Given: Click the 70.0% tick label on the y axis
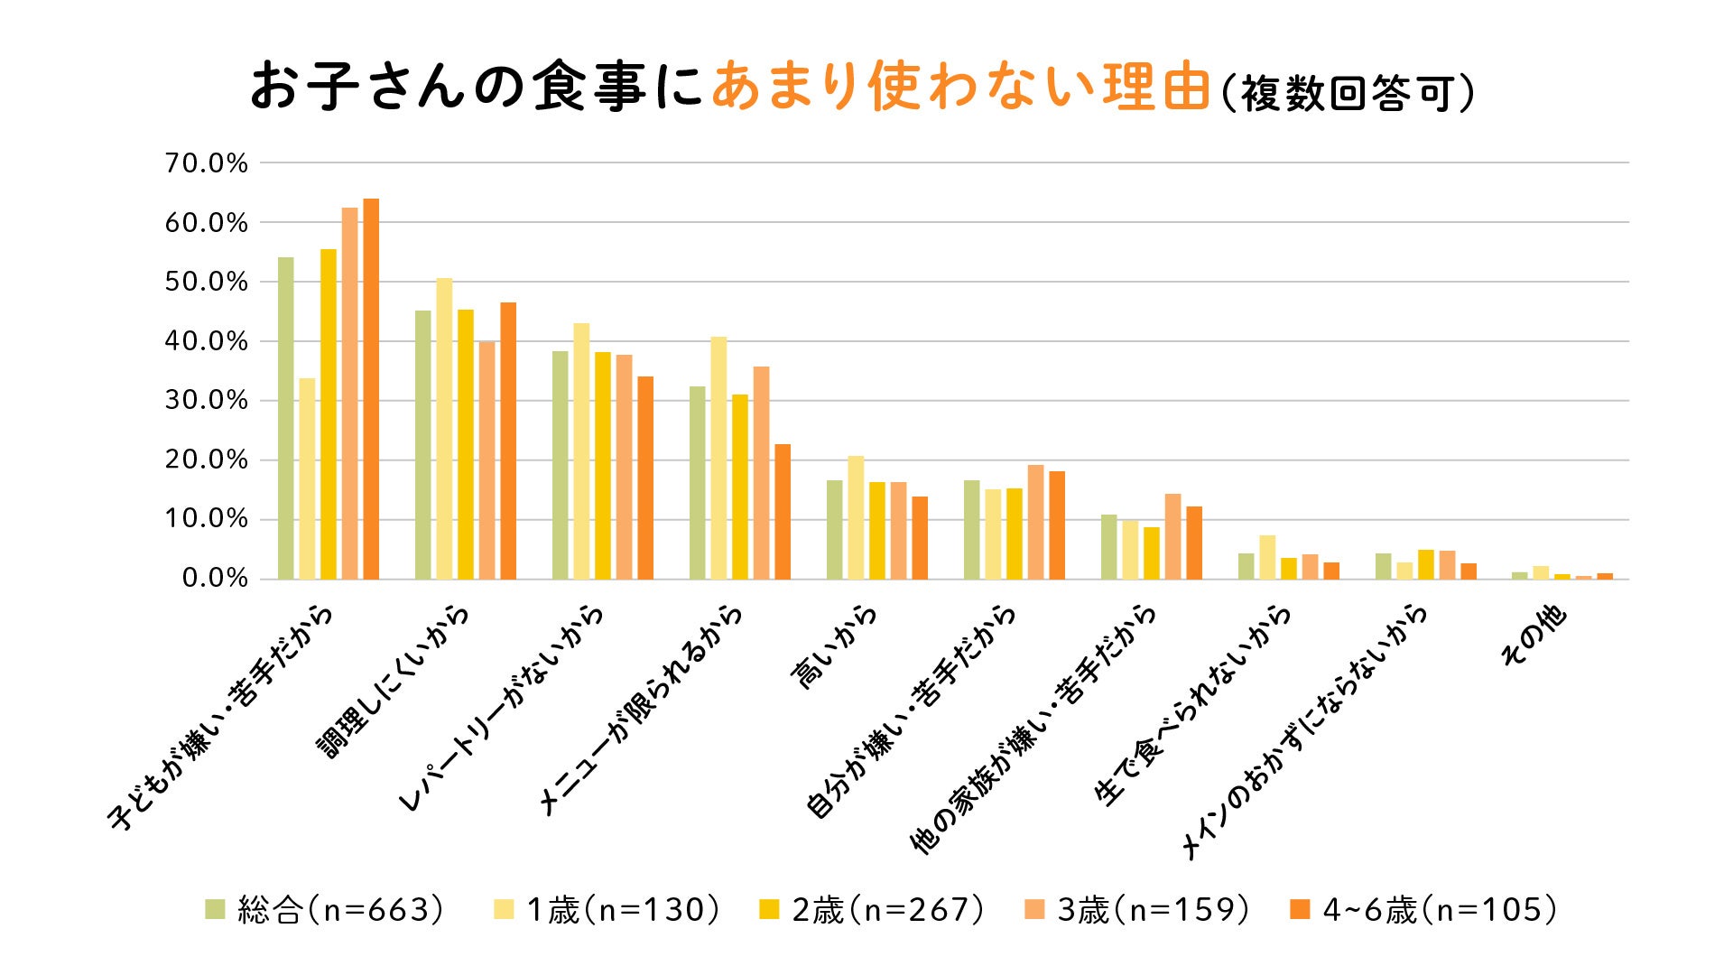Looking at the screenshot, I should [x=206, y=163].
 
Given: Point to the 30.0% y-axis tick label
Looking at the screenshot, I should [x=206, y=401].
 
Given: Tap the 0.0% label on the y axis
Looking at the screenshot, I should [x=214, y=579].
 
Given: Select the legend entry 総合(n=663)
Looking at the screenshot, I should [x=326, y=910].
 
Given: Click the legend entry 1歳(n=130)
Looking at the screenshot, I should [x=609, y=910].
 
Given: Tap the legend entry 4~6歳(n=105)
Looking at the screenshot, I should [x=1425, y=910].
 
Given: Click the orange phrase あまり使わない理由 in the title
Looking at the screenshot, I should [x=960, y=88].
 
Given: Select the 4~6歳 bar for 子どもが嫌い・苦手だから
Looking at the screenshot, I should [x=371, y=389].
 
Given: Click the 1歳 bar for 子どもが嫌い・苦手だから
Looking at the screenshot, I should [x=307, y=478].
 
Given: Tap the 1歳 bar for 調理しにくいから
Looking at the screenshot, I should [x=444, y=429].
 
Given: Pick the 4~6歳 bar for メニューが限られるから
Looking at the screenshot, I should [x=783, y=512].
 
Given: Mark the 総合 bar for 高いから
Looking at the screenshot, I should [x=834, y=530].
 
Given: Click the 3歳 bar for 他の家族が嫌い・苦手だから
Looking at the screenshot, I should [x=1172, y=536].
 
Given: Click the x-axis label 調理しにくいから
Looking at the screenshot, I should [x=394, y=682].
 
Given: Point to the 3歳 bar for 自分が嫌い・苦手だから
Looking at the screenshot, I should [x=1035, y=522].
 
